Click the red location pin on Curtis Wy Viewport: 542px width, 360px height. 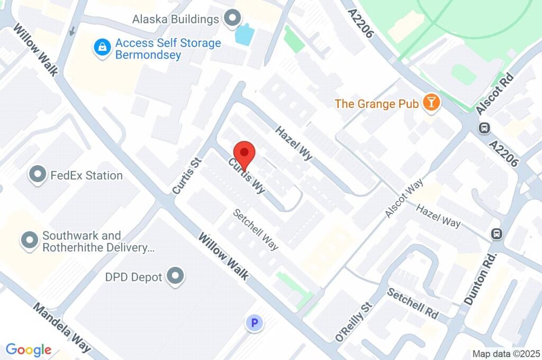click(x=245, y=154)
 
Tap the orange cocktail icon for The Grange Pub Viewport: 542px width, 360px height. click(x=431, y=103)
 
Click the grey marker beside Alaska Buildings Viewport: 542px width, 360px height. click(x=231, y=20)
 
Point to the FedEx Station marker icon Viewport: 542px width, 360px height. click(x=38, y=175)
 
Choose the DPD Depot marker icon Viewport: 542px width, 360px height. click(x=175, y=276)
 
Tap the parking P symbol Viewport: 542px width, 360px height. click(x=255, y=322)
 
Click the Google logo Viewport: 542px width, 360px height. click(x=29, y=350)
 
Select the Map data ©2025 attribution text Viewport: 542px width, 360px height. click(x=506, y=353)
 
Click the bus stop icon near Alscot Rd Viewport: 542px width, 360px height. click(x=484, y=128)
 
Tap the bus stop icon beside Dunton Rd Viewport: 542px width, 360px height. click(x=497, y=233)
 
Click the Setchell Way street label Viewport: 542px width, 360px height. click(x=256, y=229)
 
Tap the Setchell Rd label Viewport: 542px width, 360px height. click(x=413, y=303)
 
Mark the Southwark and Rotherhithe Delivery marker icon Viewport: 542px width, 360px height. click(x=29, y=241)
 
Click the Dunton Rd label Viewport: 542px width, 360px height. click(x=481, y=279)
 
